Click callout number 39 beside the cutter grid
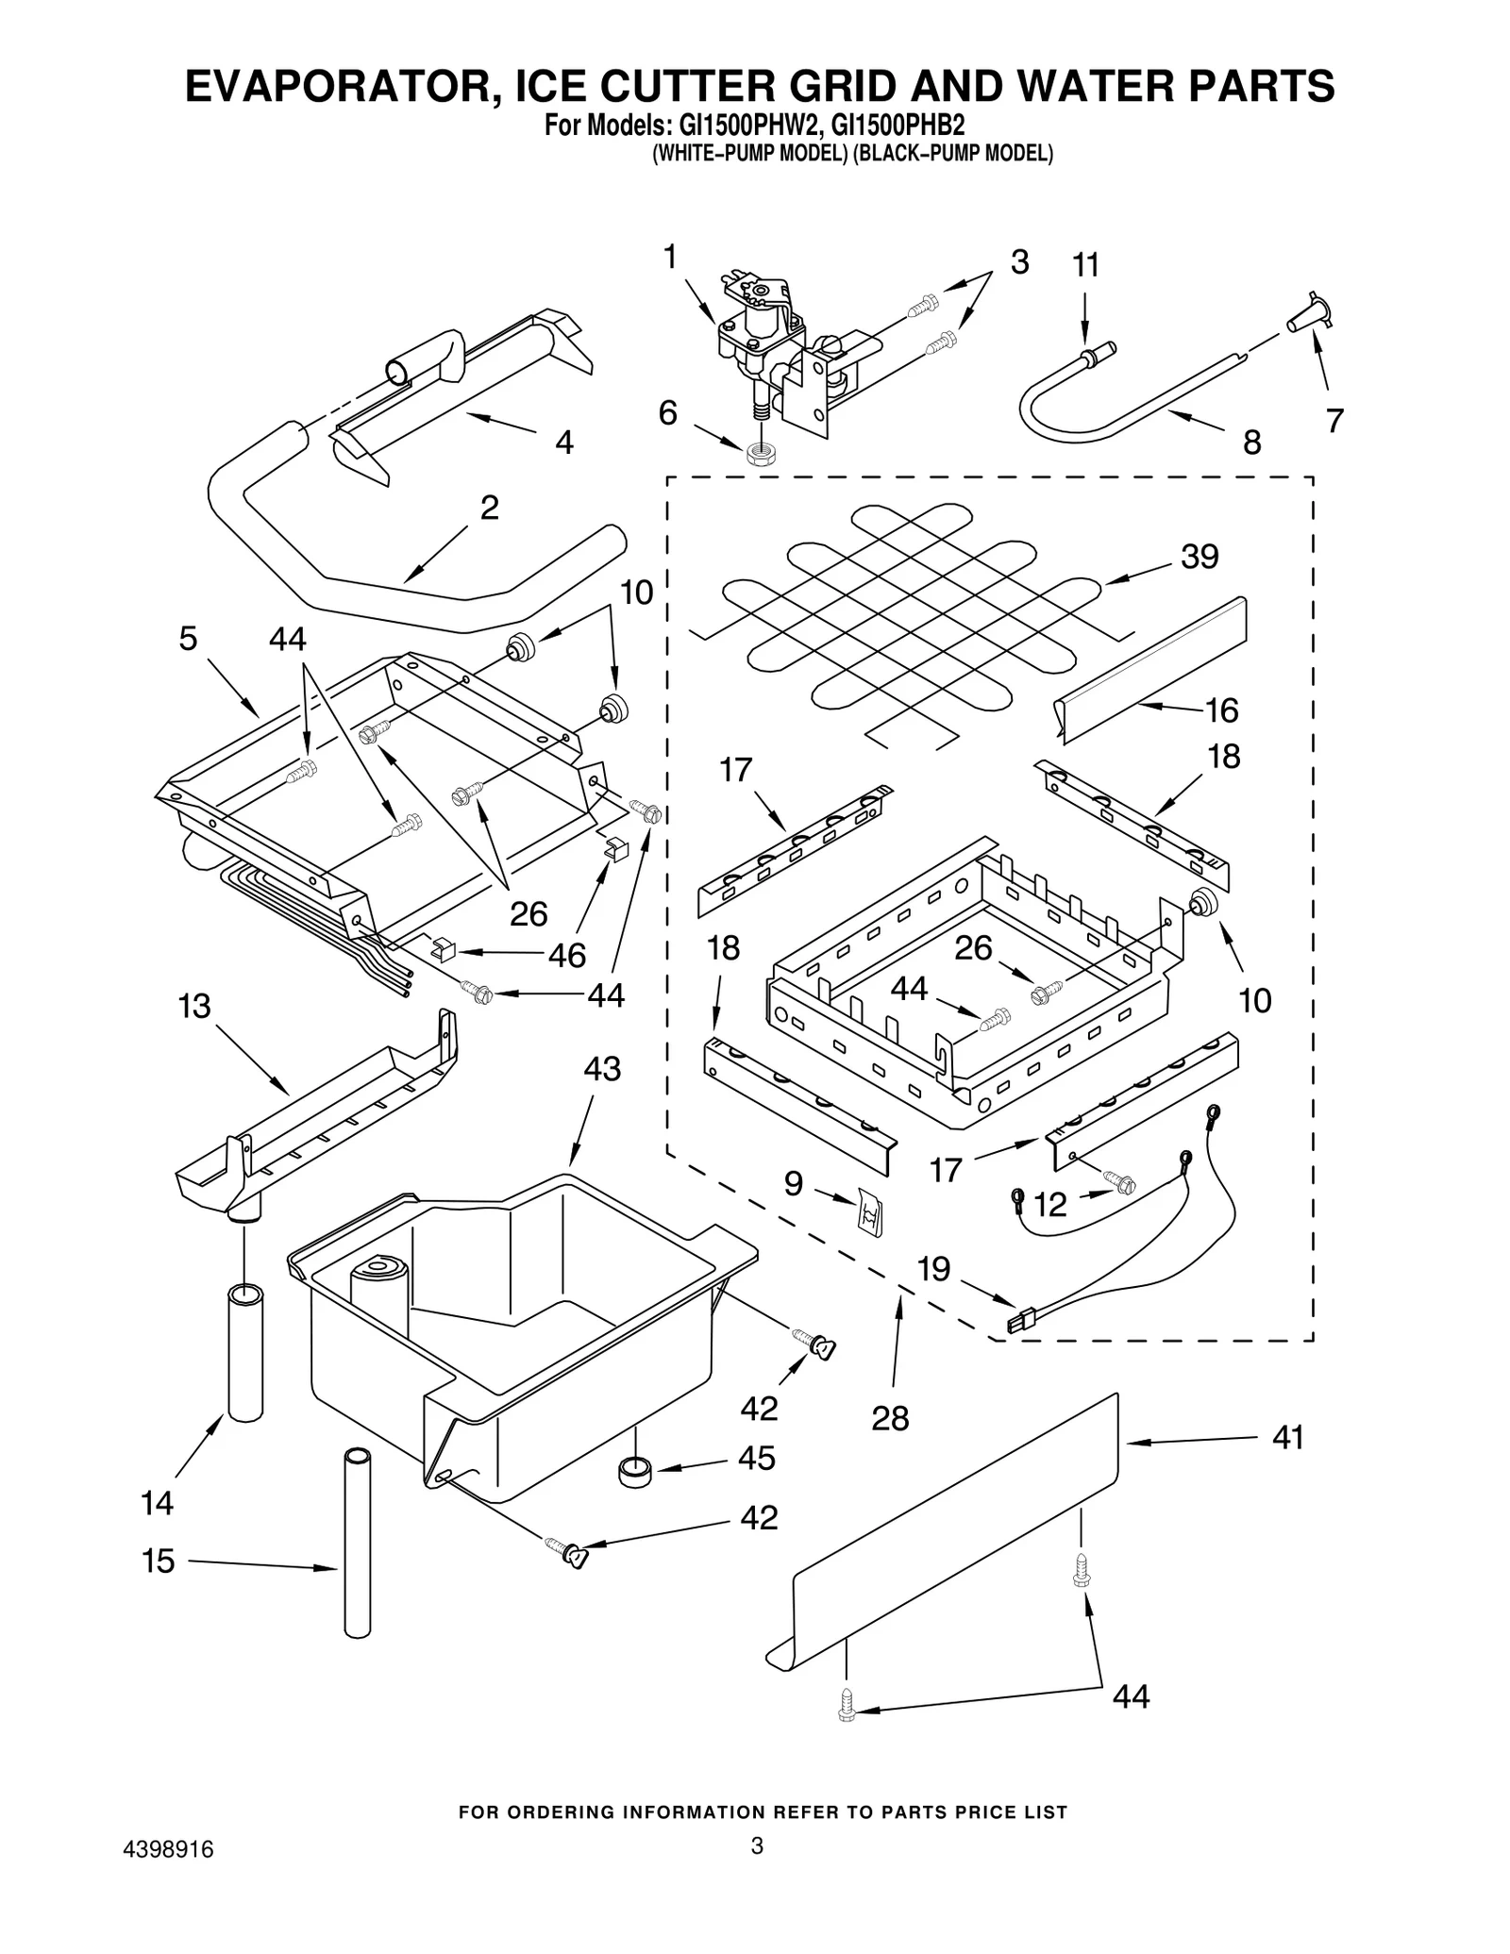pyautogui.click(x=1200, y=557)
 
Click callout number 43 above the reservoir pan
pyautogui.click(x=601, y=1069)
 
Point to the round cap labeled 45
pyautogui.click(x=635, y=1470)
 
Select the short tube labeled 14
pyautogui.click(x=245, y=1351)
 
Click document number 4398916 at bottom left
pyautogui.click(x=169, y=1876)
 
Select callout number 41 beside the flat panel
pyautogui.click(x=1287, y=1437)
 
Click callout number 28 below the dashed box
pyautogui.click(x=890, y=1417)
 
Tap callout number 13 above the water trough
pyautogui.click(x=194, y=1006)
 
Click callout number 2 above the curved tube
pyautogui.click(x=489, y=508)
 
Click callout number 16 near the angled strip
pyautogui.click(x=1222, y=710)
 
